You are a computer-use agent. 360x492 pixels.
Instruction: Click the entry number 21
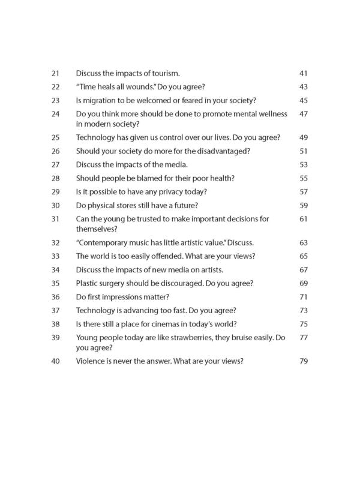(56, 73)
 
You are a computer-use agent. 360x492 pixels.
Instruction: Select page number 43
(302, 87)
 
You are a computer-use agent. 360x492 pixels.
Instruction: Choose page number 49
(302, 137)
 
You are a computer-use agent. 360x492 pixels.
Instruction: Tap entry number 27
(56, 165)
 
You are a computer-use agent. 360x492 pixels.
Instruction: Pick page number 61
(302, 219)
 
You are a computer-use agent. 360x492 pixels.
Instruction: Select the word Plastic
(88, 283)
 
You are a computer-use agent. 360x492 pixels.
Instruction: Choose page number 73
(302, 310)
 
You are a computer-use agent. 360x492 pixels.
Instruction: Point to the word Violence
(92, 361)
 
